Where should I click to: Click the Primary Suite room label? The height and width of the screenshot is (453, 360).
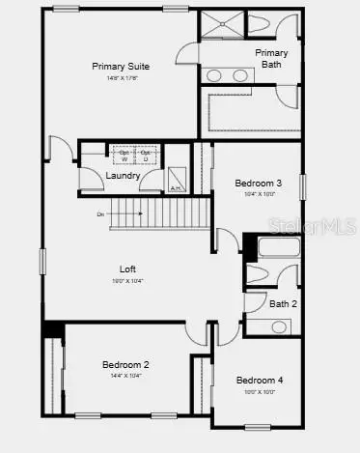pyautogui.click(x=120, y=66)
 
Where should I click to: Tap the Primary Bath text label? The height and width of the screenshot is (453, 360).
pyautogui.click(x=271, y=58)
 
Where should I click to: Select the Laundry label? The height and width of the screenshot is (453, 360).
pyautogui.click(x=124, y=176)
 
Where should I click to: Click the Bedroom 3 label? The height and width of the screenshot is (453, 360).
pyautogui.click(x=258, y=183)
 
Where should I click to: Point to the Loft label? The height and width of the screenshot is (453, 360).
pyautogui.click(x=127, y=269)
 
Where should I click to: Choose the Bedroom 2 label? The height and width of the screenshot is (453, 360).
pyautogui.click(x=125, y=364)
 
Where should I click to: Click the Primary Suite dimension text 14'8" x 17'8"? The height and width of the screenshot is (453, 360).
pyautogui.click(x=120, y=77)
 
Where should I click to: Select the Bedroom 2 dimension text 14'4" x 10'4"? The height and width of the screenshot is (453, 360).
pyautogui.click(x=125, y=376)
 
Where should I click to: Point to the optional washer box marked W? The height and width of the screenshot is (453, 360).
pyautogui.click(x=124, y=156)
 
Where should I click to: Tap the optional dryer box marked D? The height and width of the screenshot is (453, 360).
pyautogui.click(x=146, y=156)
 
